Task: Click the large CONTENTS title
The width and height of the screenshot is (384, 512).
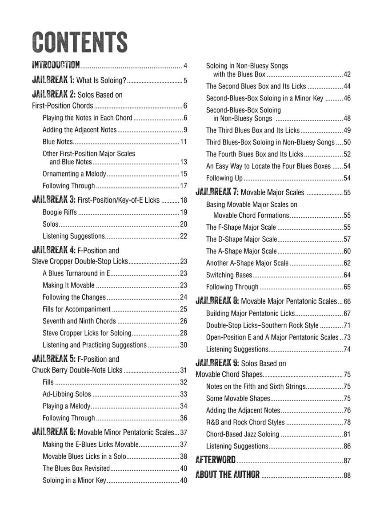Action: tap(80, 42)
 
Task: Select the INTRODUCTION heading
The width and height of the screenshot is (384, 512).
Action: tap(56, 66)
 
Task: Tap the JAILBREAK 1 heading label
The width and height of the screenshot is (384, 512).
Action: tap(53, 80)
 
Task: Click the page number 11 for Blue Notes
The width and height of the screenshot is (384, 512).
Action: tap(183, 142)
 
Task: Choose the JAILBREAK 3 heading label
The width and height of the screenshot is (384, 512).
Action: tap(53, 200)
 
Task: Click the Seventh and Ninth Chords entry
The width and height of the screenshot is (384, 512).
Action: tap(79, 321)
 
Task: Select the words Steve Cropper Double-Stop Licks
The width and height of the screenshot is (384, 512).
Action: tap(80, 261)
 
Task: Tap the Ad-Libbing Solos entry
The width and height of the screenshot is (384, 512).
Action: tap(67, 394)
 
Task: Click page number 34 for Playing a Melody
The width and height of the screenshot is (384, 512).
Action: tap(183, 406)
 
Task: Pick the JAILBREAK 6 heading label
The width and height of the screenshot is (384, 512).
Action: tap(53, 432)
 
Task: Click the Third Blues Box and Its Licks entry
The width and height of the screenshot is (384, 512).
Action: tap(253, 130)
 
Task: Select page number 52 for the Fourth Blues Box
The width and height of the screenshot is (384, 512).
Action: tap(347, 154)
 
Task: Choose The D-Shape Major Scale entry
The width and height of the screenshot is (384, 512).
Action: tap(241, 239)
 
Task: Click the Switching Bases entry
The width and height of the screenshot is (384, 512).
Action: tap(229, 275)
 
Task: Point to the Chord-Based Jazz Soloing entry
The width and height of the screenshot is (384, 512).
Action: tap(243, 434)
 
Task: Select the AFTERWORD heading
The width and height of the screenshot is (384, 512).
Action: tap(216, 460)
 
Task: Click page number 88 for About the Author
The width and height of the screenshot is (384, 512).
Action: tap(347, 476)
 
